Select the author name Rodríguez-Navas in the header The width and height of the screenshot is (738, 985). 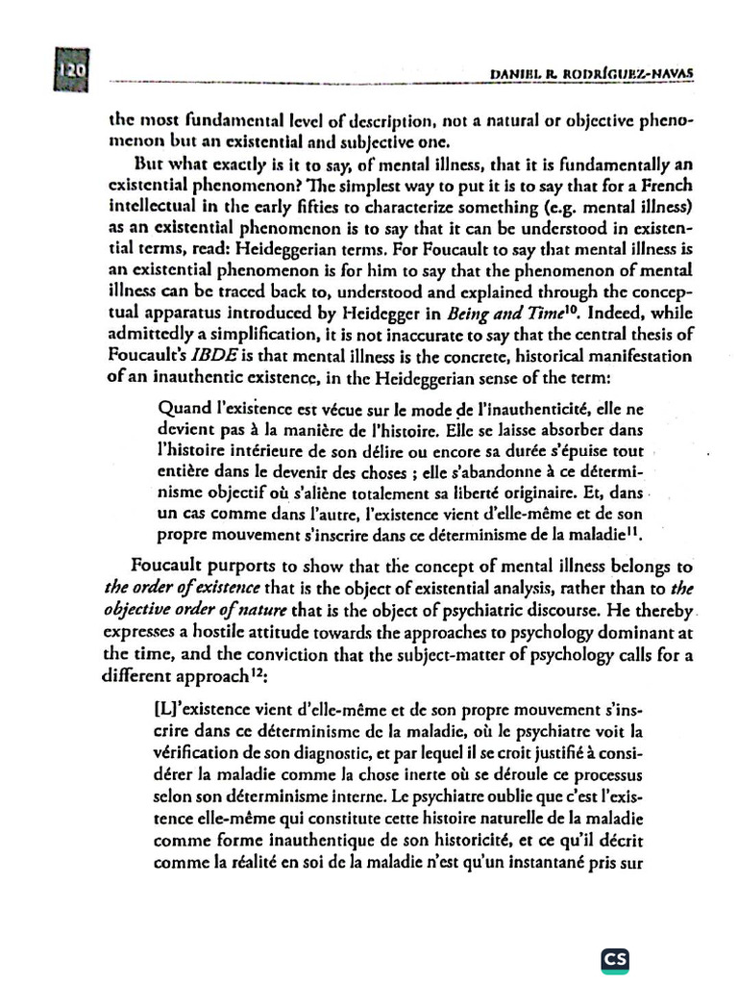pyautogui.click(x=633, y=74)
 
